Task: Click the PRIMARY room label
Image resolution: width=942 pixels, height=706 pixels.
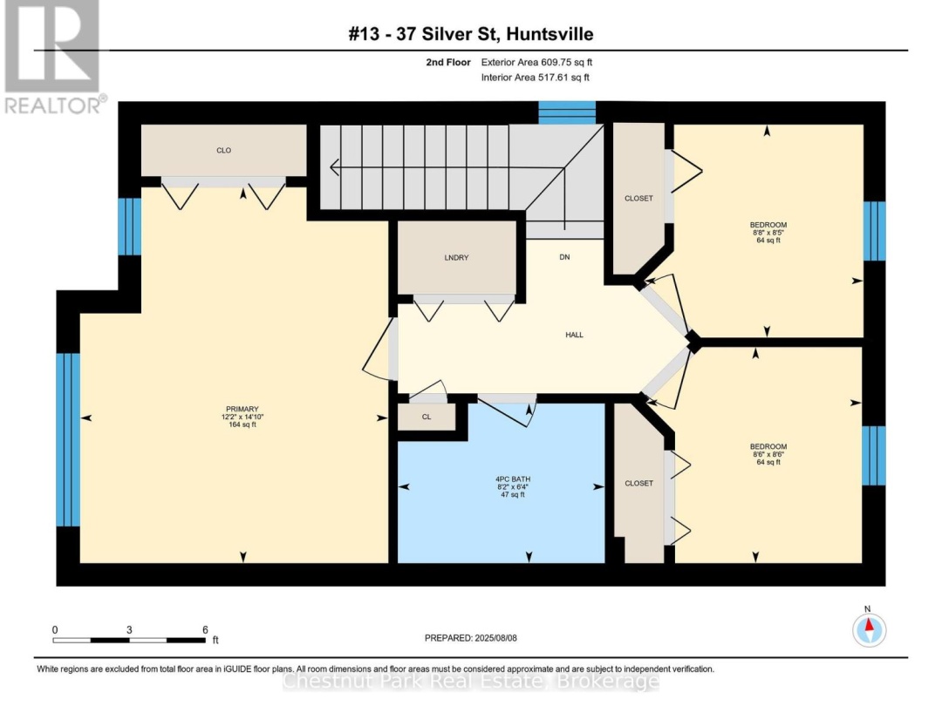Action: click(242, 409)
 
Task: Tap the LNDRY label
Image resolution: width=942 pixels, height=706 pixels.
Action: click(456, 257)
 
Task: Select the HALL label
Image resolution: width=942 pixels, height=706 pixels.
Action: click(574, 335)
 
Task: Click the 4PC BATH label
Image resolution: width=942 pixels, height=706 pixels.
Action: click(513, 479)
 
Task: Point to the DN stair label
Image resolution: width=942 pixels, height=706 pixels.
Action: click(564, 257)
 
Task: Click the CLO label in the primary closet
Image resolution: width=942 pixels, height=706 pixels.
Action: click(223, 150)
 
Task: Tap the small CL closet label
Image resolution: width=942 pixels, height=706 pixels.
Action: click(427, 417)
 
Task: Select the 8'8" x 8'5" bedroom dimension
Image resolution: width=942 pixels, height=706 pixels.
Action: click(768, 233)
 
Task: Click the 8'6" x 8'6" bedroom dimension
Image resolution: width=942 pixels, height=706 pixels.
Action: click(768, 454)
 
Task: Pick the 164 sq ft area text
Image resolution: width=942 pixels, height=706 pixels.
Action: click(242, 424)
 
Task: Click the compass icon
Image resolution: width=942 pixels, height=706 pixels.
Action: click(870, 630)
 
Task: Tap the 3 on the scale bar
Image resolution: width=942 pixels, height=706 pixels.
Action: click(129, 630)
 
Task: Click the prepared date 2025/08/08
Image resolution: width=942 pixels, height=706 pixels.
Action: click(495, 637)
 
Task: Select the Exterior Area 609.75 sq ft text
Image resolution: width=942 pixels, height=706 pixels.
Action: click(537, 62)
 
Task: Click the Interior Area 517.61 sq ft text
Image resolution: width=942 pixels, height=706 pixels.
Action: click(536, 78)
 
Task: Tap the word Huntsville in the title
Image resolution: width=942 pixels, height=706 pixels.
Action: click(549, 34)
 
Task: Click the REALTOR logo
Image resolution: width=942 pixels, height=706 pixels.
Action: click(54, 58)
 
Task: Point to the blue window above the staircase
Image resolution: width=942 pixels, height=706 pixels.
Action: click(567, 112)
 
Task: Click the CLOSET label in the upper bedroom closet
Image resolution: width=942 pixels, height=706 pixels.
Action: click(638, 198)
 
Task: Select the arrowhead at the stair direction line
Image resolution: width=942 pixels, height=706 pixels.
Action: click(335, 167)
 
